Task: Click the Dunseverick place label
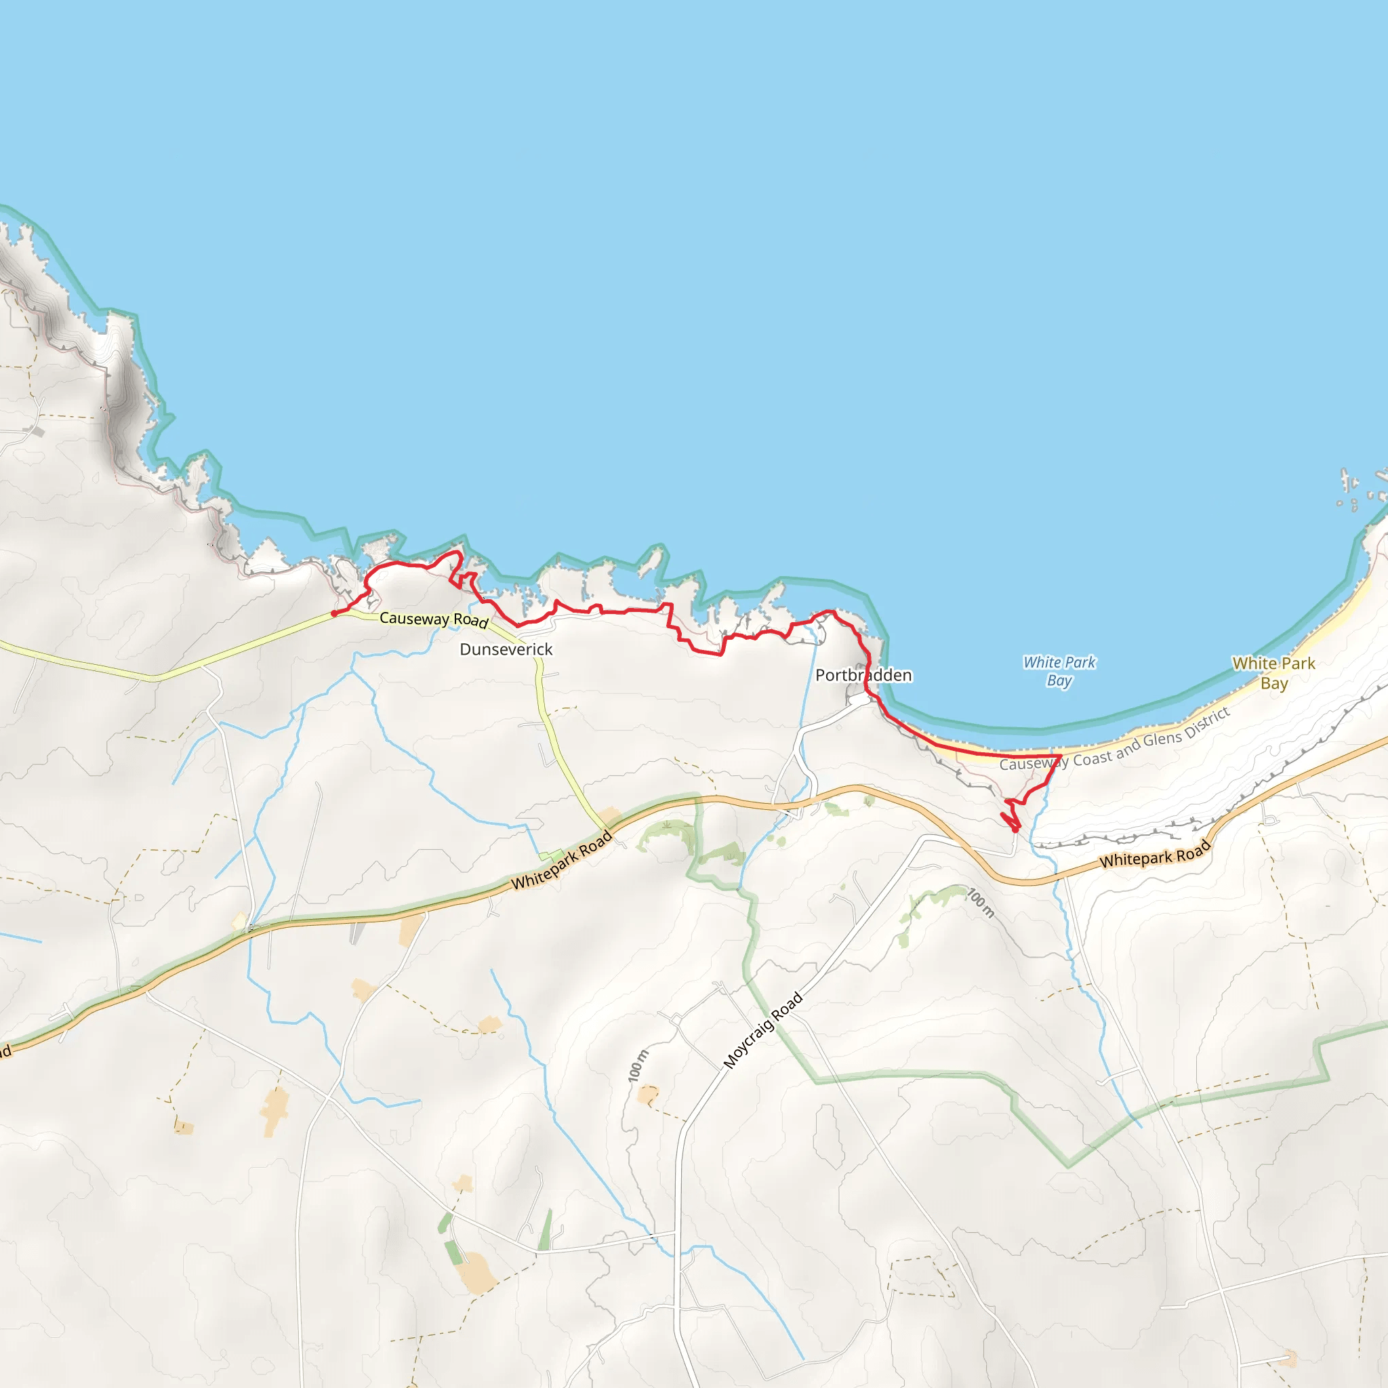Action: coord(506,649)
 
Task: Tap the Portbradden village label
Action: coord(863,675)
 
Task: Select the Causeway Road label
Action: coord(433,619)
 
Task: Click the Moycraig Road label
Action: coord(762,1030)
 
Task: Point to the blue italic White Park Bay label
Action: coord(1059,671)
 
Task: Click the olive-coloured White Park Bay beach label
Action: coord(1273,673)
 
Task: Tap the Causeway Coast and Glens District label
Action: coord(1114,739)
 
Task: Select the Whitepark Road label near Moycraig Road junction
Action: coord(561,861)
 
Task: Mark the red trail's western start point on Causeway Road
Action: coord(333,613)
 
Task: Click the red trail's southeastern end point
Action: coord(1015,831)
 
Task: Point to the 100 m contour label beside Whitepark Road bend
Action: coord(981,903)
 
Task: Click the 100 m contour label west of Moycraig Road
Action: coord(638,1065)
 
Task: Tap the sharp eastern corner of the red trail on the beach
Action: coord(1061,756)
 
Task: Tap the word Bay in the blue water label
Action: coord(1059,680)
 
